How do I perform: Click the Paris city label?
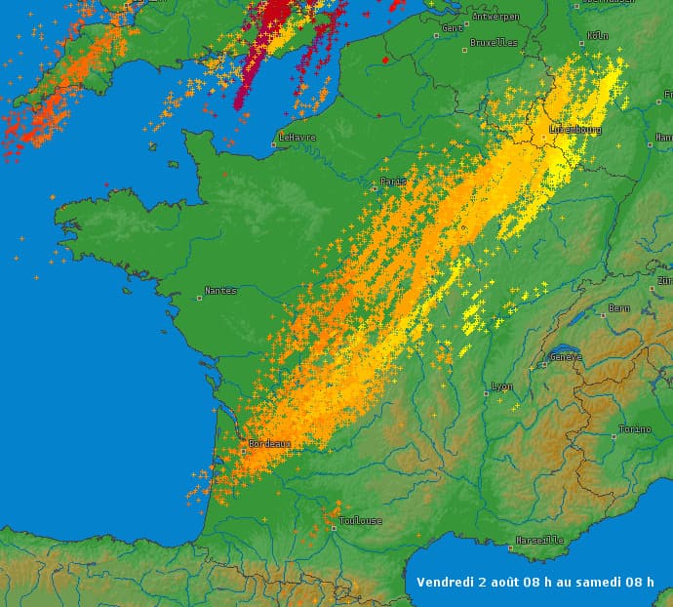click(x=394, y=182)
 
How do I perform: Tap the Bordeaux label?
click(x=270, y=443)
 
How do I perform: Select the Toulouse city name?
click(x=361, y=521)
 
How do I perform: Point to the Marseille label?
click(x=542, y=540)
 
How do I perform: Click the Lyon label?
click(x=502, y=386)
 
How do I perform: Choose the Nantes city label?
click(x=220, y=291)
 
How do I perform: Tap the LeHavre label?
click(x=297, y=138)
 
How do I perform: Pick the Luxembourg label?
click(x=575, y=129)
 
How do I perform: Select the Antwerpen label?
click(x=496, y=17)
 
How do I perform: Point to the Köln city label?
click(x=598, y=36)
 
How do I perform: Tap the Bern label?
click(x=619, y=308)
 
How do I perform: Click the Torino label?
click(x=634, y=430)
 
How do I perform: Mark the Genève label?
click(x=566, y=357)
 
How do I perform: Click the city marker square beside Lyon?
click(x=486, y=393)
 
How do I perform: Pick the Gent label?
click(x=454, y=27)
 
